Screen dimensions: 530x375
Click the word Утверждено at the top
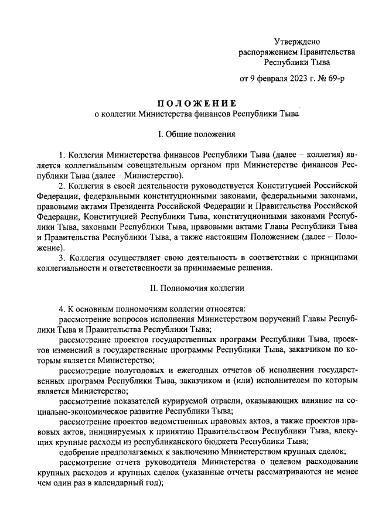pos(297,41)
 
